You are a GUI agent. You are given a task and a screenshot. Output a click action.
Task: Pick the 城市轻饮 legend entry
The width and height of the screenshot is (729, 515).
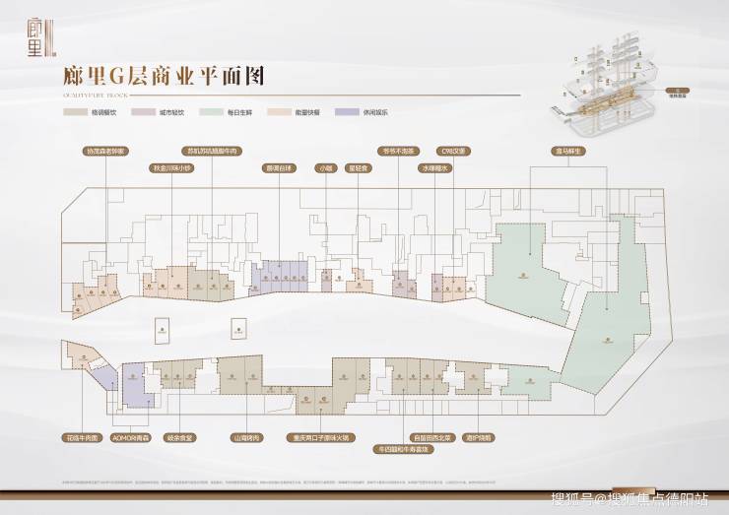pos(165,113)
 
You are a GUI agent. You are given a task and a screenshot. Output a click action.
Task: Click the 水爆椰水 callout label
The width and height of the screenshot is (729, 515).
pos(435,168)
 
